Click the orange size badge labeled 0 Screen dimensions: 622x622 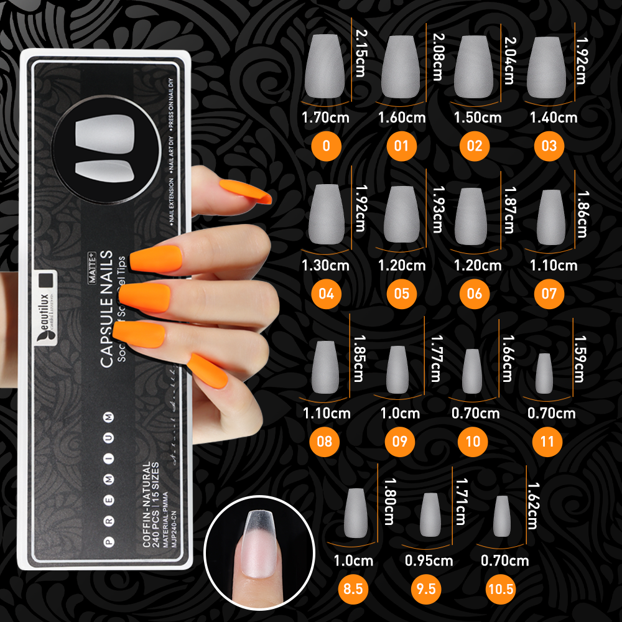(x=327, y=146)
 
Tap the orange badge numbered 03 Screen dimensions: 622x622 (x=549, y=146)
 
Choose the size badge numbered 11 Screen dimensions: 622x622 (x=547, y=442)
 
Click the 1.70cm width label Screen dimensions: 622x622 (x=325, y=117)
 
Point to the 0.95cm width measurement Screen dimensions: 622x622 (x=429, y=560)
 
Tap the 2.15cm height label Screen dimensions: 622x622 (x=361, y=53)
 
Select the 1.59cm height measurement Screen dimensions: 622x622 (x=579, y=359)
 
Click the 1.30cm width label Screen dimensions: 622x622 (x=325, y=266)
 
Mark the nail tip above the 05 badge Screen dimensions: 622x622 (x=401, y=215)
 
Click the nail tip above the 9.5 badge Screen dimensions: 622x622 (x=429, y=514)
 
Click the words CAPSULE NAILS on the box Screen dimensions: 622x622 (x=106, y=309)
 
